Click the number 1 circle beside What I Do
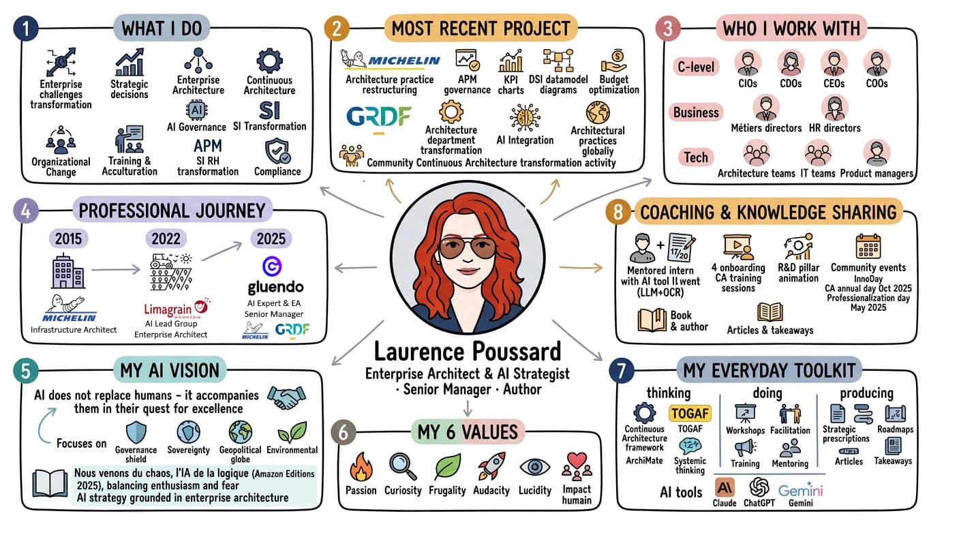(26, 28)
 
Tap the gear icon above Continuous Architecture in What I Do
(269, 61)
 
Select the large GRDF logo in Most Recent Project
(378, 117)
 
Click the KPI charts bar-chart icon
(511, 61)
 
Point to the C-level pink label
(696, 67)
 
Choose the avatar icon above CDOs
(791, 63)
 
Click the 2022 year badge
(166, 239)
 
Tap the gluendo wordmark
(276, 287)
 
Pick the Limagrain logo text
(168, 309)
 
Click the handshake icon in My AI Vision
(286, 397)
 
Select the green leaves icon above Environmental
(292, 432)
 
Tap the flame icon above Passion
(361, 468)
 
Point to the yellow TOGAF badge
(690, 414)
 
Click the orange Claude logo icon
(725, 487)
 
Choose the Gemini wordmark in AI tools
(801, 491)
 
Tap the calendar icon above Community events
(868, 246)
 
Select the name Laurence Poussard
(468, 352)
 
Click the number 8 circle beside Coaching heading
(618, 212)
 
